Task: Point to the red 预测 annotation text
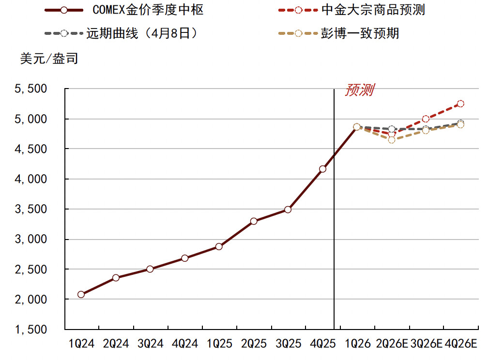point(359,90)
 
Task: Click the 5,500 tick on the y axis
point(33,89)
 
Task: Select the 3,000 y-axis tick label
point(33,240)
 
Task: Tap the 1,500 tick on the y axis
point(33,330)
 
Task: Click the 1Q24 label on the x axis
point(81,344)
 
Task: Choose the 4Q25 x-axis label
point(322,344)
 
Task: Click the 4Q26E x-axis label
point(460,344)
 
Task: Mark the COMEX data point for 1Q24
point(81,294)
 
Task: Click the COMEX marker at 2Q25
point(254,221)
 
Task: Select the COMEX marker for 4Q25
point(322,169)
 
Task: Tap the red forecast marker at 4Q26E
point(460,104)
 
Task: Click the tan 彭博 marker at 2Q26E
point(392,140)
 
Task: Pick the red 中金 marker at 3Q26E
point(426,119)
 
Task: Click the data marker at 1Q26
point(357,127)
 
